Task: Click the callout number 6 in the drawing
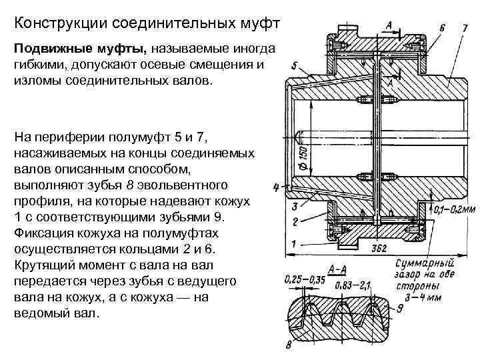443,29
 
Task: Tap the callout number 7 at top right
464,29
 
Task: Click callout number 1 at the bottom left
294,243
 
